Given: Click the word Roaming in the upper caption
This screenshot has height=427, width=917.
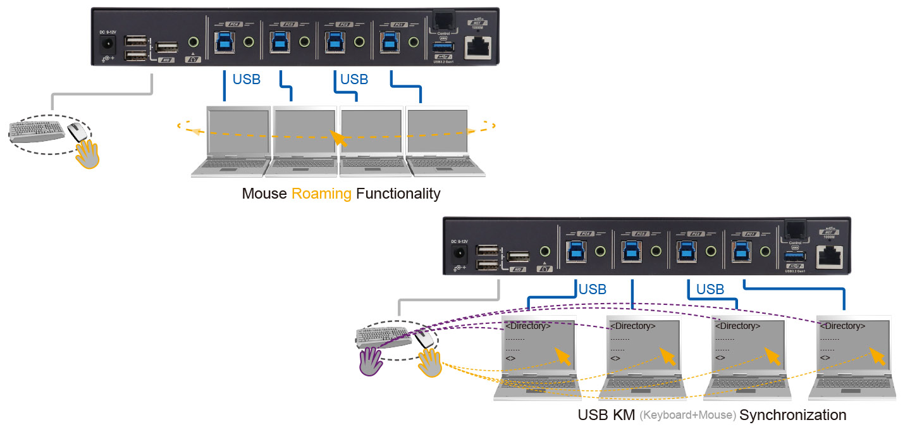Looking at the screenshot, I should [321, 194].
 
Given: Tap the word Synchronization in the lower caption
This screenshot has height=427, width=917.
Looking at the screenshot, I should [792, 416].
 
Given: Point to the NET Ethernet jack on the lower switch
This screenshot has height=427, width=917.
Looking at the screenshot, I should [831, 254].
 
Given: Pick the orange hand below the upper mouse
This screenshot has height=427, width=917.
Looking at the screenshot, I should [88, 154].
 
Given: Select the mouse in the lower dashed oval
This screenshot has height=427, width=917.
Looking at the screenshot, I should [424, 339].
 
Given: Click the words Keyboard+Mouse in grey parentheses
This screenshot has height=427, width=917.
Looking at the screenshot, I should [687, 416].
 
